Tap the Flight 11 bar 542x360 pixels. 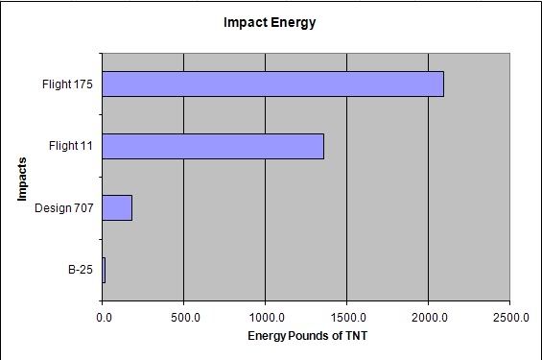point(212,146)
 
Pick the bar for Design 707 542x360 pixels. point(116,207)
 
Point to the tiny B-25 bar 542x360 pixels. point(104,270)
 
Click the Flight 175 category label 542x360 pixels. point(67,84)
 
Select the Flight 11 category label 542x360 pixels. point(70,146)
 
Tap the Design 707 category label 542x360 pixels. point(63,208)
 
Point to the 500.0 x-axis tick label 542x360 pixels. point(183,315)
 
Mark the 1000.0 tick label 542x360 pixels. point(265,315)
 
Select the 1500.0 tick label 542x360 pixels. point(346,315)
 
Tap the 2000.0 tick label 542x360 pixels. point(428,315)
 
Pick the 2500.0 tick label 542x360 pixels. point(509,315)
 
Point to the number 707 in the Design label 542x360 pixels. point(82,208)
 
